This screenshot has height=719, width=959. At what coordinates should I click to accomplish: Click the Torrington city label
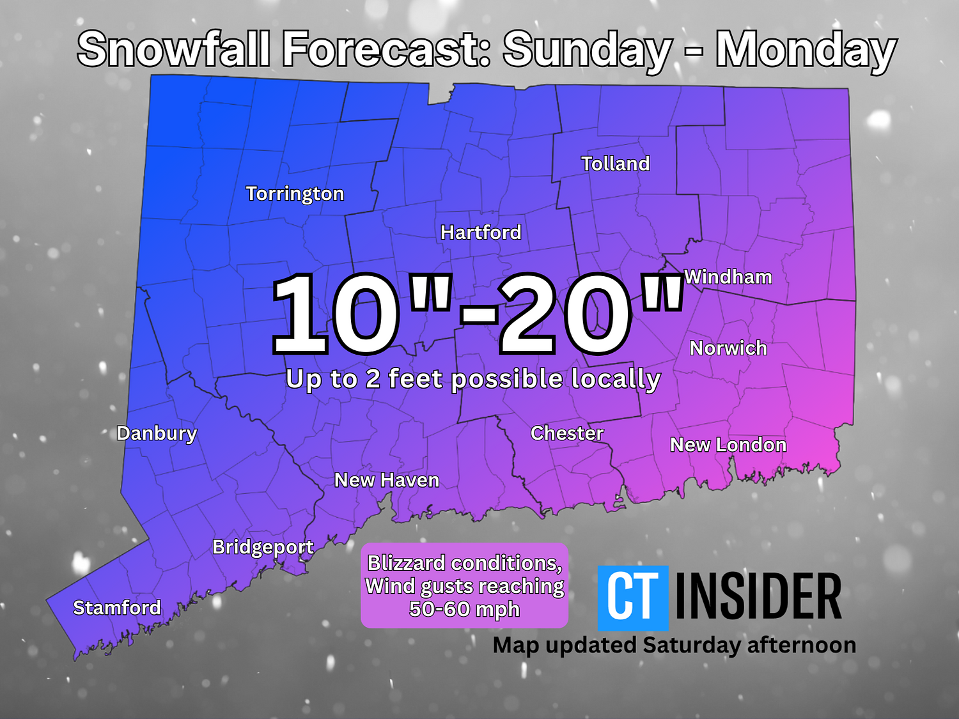coord(295,194)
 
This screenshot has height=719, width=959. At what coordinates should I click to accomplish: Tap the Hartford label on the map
coord(481,232)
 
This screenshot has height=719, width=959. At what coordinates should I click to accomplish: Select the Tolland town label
coord(615,164)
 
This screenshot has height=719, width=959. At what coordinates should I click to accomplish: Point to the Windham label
coord(728,277)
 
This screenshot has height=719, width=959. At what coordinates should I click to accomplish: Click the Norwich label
coord(728,348)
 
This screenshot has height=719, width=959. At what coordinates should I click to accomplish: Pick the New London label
coord(728,445)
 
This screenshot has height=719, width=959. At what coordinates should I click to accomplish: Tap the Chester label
coord(567,433)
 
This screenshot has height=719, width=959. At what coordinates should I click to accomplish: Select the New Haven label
coord(387,480)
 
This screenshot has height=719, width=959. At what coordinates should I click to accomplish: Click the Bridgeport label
coord(263,547)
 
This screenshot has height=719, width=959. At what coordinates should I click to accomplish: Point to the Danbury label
coord(157,433)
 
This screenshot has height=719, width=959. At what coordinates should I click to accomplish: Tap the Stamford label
coord(117,607)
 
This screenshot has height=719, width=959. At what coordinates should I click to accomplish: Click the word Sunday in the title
coord(587,50)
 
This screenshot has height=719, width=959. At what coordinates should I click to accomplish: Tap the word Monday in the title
coord(806,50)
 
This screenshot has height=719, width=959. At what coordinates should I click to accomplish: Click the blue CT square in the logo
coord(632,598)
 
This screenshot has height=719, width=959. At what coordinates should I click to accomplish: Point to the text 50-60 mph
coord(464,609)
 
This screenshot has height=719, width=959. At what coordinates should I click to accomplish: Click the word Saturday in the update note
coord(691,646)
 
